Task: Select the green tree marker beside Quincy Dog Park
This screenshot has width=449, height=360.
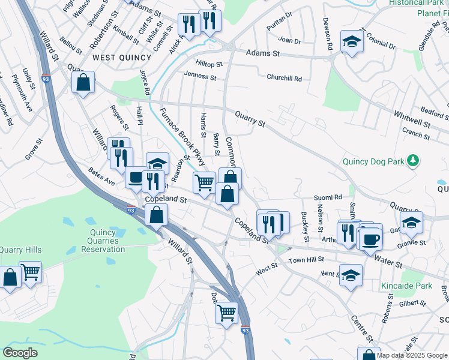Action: (412, 160)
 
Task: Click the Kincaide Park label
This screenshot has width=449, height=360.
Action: (406, 287)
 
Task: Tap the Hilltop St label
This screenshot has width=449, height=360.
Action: (209, 64)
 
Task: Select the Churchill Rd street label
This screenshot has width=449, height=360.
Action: (285, 79)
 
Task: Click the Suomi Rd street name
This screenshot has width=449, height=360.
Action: (328, 197)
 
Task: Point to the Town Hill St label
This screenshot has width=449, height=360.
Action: (306, 259)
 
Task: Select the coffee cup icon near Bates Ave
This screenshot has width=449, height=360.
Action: (136, 177)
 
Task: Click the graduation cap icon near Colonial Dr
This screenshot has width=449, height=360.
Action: (352, 41)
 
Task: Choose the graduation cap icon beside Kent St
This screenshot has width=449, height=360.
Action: (351, 275)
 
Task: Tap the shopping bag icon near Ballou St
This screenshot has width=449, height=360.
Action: (83, 82)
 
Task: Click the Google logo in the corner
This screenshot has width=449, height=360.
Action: (20, 353)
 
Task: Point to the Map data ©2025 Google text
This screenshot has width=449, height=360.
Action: (412, 355)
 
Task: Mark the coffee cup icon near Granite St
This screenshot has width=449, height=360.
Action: (370, 239)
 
